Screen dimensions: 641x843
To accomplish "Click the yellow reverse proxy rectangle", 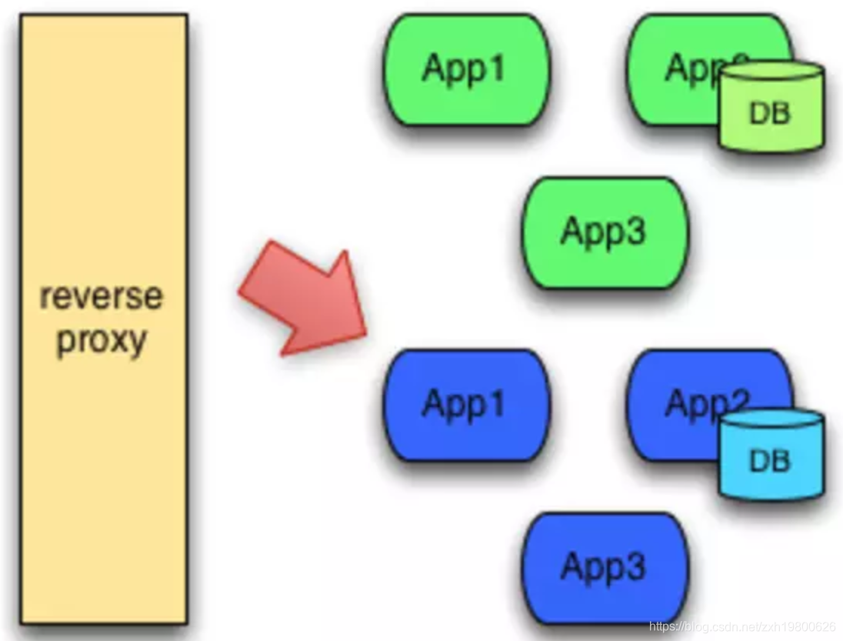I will pyautogui.click(x=104, y=192).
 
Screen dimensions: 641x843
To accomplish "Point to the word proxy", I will pyautogui.click(x=101, y=339).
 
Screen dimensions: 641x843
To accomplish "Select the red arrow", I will pyautogui.click(x=304, y=300).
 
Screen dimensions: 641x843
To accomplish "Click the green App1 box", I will pyautogui.click(x=466, y=69).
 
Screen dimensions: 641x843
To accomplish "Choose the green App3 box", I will pyautogui.click(x=605, y=232).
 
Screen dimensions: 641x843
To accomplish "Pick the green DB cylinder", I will pyautogui.click(x=771, y=108).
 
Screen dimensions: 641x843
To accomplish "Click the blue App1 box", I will pyautogui.click(x=466, y=405).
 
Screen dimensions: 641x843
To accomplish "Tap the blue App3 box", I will pyautogui.click(x=605, y=568).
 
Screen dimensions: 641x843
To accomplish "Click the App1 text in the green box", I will pyautogui.click(x=464, y=68).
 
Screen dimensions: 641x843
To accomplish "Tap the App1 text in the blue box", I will pyautogui.click(x=464, y=404).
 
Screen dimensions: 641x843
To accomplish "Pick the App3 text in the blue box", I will pyautogui.click(x=603, y=567).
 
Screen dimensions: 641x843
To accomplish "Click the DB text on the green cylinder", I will pyautogui.click(x=770, y=114).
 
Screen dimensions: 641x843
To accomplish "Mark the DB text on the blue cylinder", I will pyautogui.click(x=770, y=461).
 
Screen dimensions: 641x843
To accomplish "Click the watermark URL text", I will pyautogui.click(x=742, y=627).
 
